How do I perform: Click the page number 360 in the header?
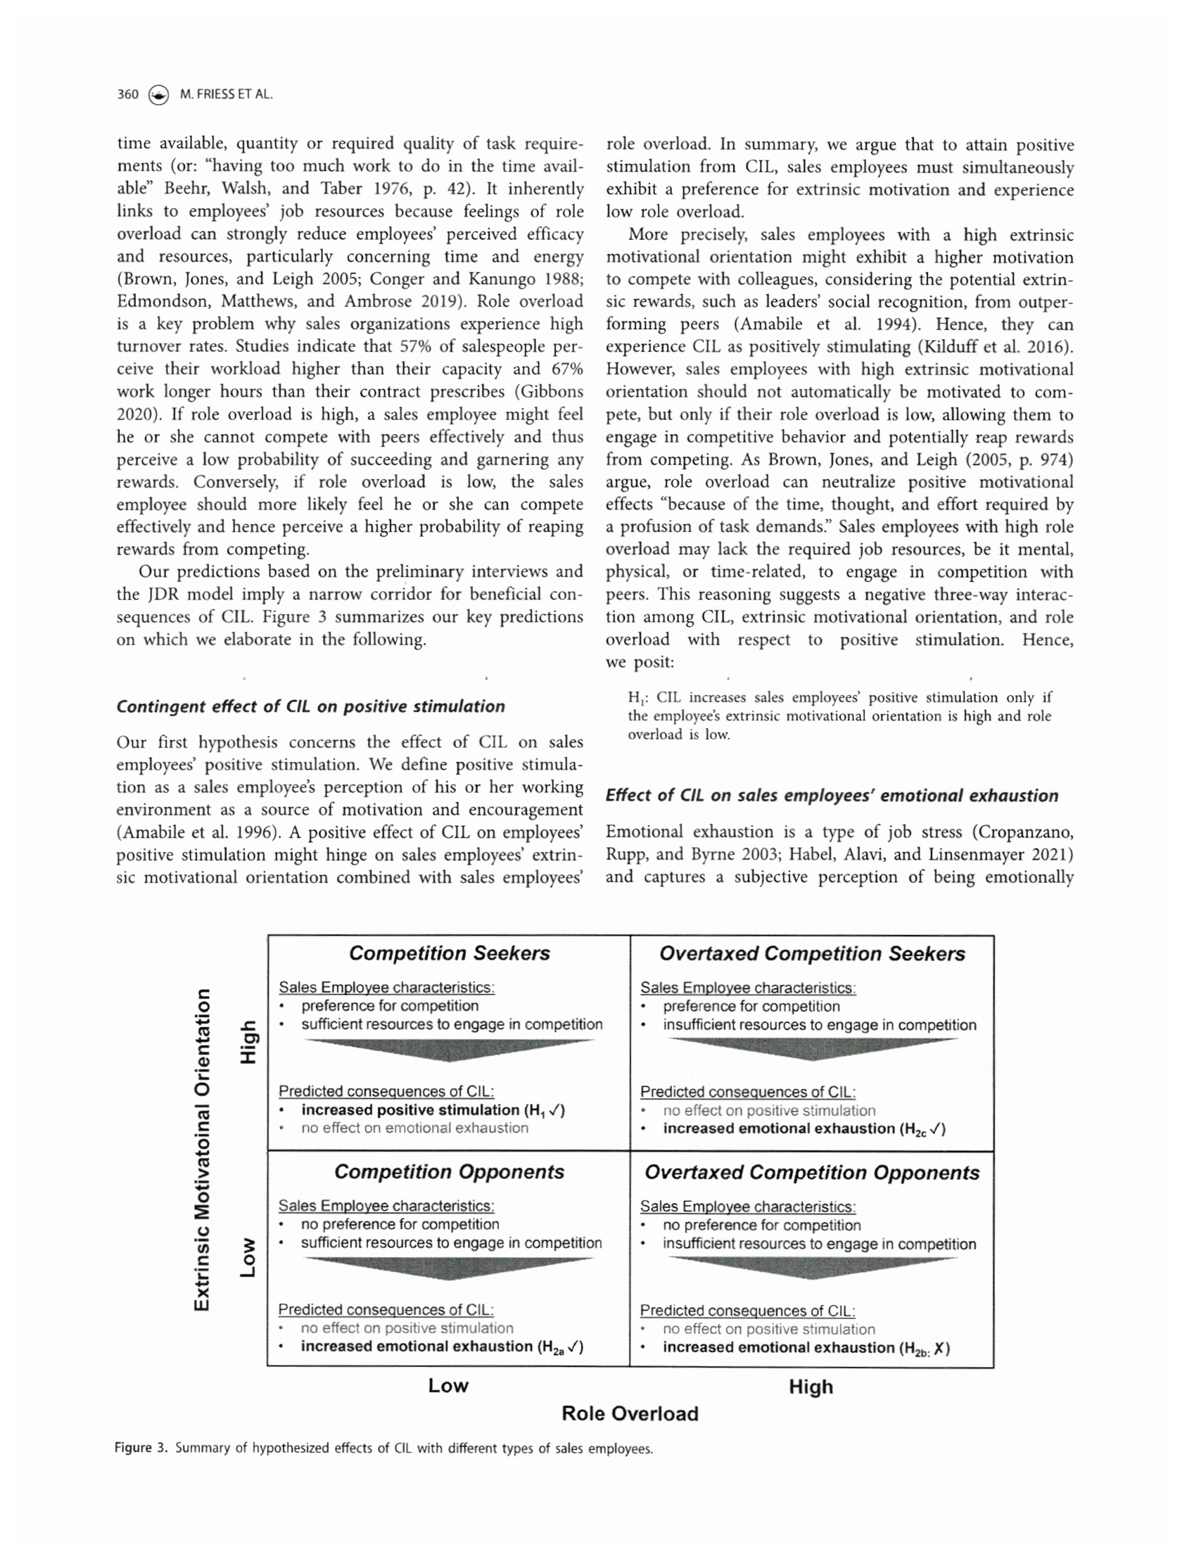(x=128, y=94)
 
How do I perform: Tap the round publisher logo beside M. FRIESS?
(x=159, y=95)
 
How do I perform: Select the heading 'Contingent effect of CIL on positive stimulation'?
(x=311, y=706)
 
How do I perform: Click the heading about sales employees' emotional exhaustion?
(x=832, y=796)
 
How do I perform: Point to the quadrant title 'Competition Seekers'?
(x=450, y=953)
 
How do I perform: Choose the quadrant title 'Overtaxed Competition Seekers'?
(x=812, y=954)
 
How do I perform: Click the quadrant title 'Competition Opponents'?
(x=450, y=1171)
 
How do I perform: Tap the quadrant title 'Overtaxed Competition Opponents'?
(x=812, y=1173)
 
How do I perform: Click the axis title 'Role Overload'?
(x=630, y=1413)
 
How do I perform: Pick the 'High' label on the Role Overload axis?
(x=811, y=1387)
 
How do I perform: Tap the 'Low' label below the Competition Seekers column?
(x=448, y=1385)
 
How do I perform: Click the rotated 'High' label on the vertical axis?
(x=248, y=1042)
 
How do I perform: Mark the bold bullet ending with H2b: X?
(x=806, y=1347)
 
